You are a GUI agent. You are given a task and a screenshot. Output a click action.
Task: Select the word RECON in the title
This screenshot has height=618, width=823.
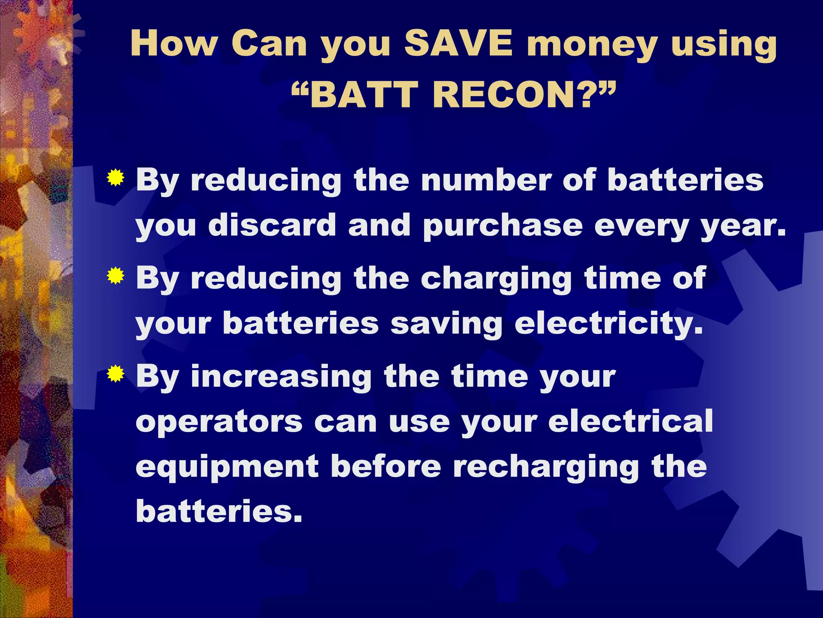[x=506, y=95]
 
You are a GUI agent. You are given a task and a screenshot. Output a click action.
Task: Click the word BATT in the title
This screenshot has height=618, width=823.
[x=364, y=95]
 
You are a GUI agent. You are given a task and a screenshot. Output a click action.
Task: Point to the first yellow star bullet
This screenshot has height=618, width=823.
[x=115, y=177]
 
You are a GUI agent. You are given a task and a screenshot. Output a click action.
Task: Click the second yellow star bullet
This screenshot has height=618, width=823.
[x=115, y=276]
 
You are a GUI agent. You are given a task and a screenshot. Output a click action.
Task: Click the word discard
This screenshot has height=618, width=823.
[x=272, y=225]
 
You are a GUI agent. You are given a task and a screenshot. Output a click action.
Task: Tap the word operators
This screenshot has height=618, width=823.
[x=219, y=422]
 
